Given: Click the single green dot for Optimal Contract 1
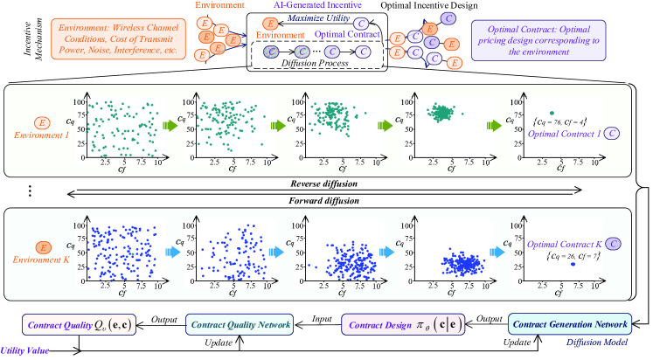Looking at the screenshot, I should coord(551,112).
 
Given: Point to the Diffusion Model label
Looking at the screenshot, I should coord(603,343).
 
